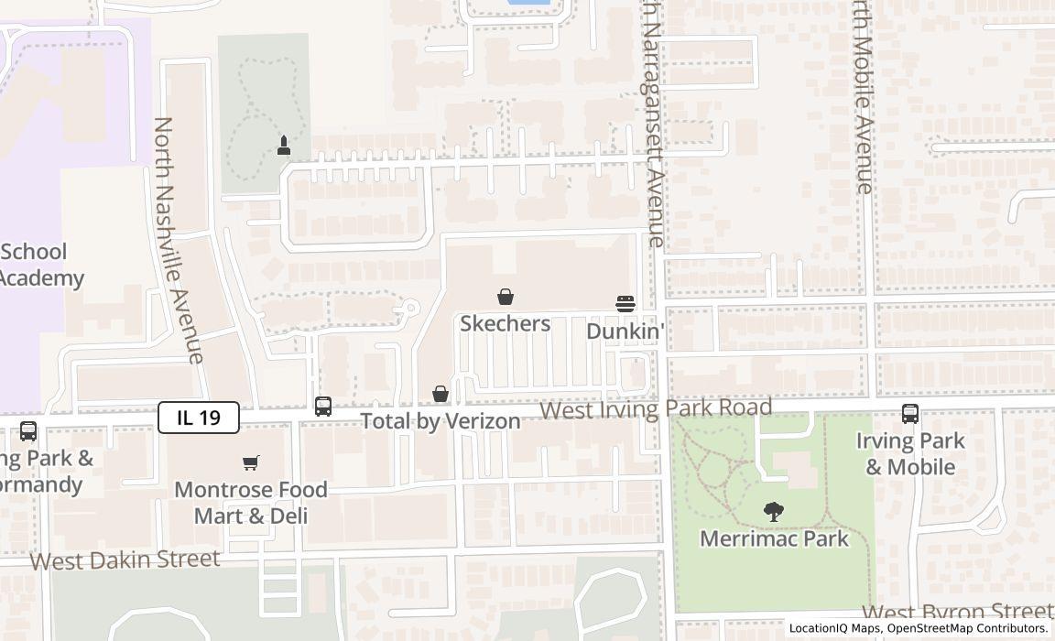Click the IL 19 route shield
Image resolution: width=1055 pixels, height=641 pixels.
click(x=199, y=418)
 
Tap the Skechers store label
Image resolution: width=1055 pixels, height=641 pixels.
click(x=505, y=323)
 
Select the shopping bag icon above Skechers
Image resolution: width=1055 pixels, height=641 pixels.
click(x=505, y=297)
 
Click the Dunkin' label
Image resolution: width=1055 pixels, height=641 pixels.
click(x=625, y=331)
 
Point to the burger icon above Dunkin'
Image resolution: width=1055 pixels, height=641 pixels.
click(x=625, y=304)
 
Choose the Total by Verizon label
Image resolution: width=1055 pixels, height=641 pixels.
click(x=440, y=421)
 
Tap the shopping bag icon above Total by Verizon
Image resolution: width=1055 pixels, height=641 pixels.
click(x=440, y=394)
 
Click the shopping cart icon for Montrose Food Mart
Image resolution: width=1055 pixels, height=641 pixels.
click(x=251, y=462)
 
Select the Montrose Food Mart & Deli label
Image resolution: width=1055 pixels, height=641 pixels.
click(x=251, y=503)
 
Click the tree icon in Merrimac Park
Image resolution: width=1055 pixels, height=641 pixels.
click(x=774, y=512)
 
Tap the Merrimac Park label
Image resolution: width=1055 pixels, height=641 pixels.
click(x=774, y=538)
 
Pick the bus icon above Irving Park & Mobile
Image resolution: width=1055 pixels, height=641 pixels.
click(x=909, y=414)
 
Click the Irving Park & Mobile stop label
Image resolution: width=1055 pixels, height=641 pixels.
click(x=910, y=453)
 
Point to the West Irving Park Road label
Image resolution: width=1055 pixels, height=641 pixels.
click(x=656, y=408)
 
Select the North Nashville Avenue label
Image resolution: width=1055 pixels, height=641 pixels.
click(x=178, y=240)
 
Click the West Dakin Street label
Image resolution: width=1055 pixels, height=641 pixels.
click(x=125, y=560)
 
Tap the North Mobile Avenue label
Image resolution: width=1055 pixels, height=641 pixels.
click(x=862, y=96)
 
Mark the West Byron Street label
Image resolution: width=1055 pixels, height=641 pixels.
click(x=957, y=613)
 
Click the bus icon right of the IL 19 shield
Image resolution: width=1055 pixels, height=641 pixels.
click(x=323, y=407)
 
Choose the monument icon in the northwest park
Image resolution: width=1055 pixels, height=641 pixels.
click(x=284, y=146)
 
